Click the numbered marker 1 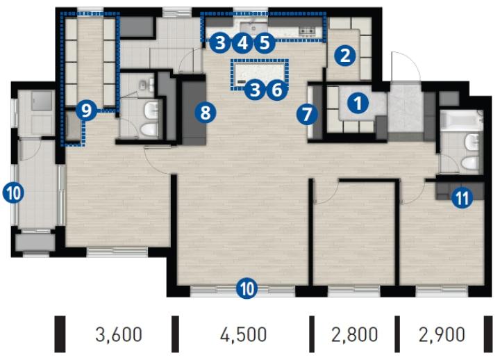[x=358, y=103]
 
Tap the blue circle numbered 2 [x=345, y=56]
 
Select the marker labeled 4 [x=242, y=43]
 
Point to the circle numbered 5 [x=265, y=43]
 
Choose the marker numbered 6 [x=277, y=90]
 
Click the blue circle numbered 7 [x=307, y=115]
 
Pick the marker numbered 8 [x=206, y=113]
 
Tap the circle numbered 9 [x=86, y=111]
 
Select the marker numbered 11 [x=462, y=198]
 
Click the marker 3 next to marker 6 [x=255, y=90]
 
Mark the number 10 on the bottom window [x=247, y=289]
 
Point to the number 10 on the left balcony [x=13, y=193]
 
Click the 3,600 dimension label [x=119, y=334]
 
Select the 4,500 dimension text [x=243, y=334]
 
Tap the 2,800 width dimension [x=355, y=334]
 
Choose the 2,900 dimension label [x=442, y=334]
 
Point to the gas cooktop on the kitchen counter [x=308, y=31]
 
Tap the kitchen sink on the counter [x=254, y=28]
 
